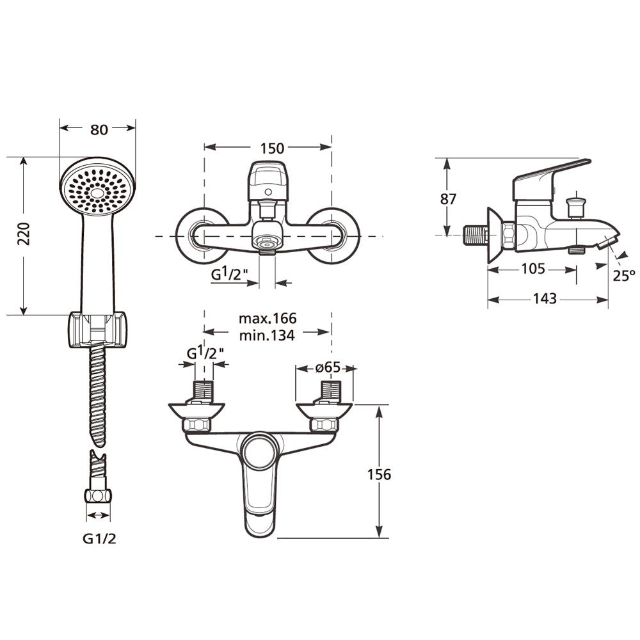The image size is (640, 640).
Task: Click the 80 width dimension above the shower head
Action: pyautogui.click(x=99, y=129)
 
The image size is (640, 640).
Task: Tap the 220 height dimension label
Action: pyautogui.click(x=24, y=234)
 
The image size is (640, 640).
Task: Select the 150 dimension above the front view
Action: pyautogui.click(x=272, y=148)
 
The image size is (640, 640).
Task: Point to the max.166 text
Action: pyautogui.click(x=268, y=318)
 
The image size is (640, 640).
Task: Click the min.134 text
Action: pyautogui.click(x=267, y=335)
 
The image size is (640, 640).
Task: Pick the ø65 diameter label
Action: pyautogui.click(x=328, y=367)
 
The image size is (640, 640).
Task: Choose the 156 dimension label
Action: pyautogui.click(x=379, y=475)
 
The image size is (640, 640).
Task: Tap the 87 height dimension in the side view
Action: pyautogui.click(x=448, y=199)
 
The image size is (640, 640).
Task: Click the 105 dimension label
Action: pyautogui.click(x=533, y=269)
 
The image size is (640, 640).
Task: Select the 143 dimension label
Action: pyautogui.click(x=545, y=299)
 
